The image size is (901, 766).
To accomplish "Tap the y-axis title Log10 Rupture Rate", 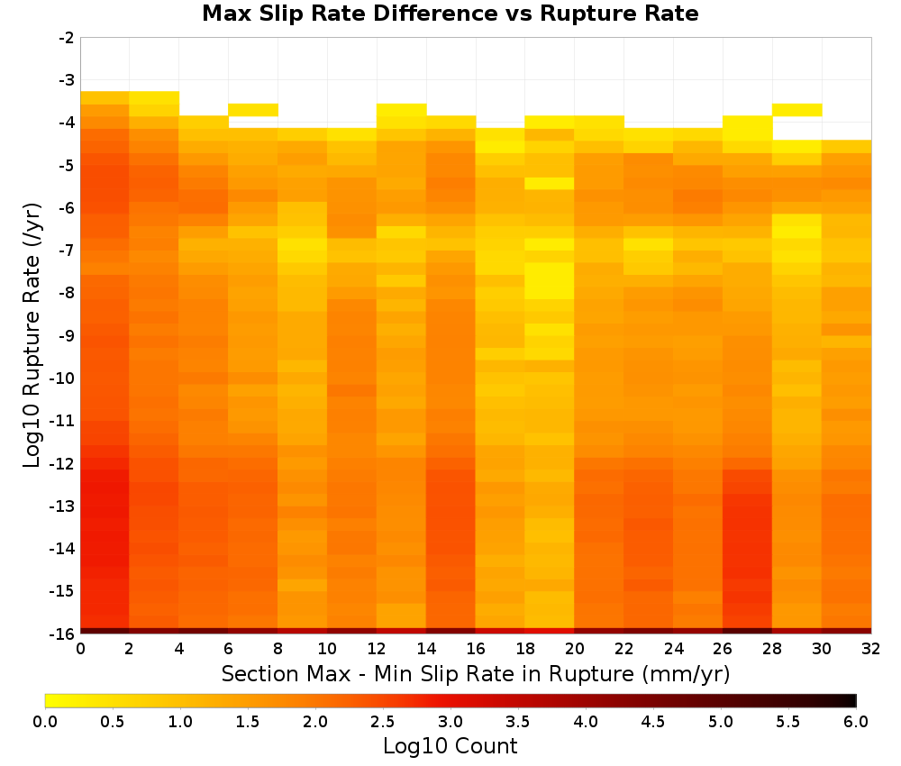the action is pos(32,335).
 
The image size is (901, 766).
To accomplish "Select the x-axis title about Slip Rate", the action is pos(476,673).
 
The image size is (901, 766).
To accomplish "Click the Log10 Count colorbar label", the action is pos(450,746).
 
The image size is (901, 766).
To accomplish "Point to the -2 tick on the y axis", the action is pos(67,38).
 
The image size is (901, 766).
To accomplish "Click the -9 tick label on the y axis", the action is pos(67,335).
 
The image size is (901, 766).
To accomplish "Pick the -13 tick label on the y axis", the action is pos(63,506).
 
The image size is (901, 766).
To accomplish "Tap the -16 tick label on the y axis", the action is pos(63,634).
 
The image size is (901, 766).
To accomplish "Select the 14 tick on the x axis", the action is pos(426,649).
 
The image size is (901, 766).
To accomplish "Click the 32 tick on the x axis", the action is pos(871,649).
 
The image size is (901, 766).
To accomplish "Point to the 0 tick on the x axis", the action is pos(80,649).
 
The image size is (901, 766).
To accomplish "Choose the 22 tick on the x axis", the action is pos(624,649).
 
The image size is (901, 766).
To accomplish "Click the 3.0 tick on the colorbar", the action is pos(450,721).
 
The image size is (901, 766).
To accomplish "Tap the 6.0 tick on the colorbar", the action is pos(856,721).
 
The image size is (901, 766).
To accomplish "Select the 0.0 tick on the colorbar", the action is pos(45,721).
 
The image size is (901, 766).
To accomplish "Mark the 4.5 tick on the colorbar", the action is pos(653,721).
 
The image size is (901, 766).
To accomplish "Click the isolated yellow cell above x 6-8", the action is pos(253,110).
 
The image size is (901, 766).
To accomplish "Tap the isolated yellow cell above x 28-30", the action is pos(797,110).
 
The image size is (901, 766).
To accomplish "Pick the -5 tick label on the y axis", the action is pos(67,166).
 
